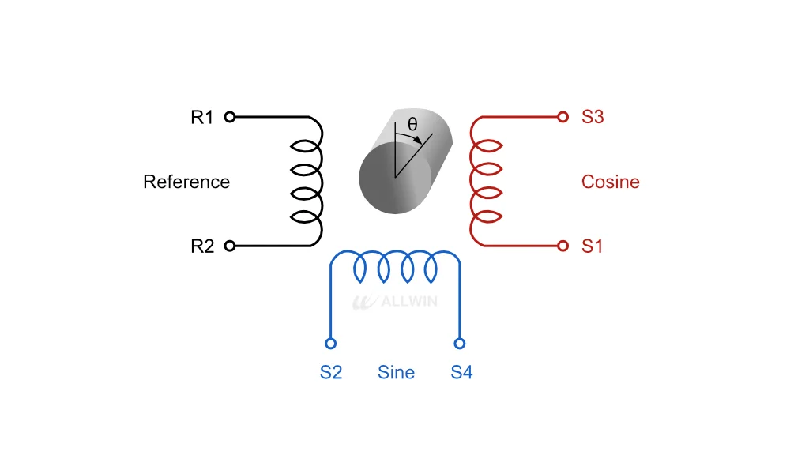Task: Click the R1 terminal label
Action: coord(201,117)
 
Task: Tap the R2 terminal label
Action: coord(202,246)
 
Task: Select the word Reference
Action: coord(186,182)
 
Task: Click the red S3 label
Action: coord(593,117)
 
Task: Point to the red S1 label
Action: coord(592,246)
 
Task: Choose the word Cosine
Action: coord(611,182)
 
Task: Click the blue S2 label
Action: coord(331,372)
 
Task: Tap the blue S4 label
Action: coord(461,372)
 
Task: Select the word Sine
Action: coord(396,372)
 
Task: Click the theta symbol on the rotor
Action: coord(412,124)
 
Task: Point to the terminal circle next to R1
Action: coord(230,117)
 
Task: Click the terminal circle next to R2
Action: coord(230,246)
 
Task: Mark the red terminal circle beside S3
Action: coord(563,117)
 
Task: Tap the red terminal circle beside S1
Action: coord(563,246)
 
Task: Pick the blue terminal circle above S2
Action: coord(331,343)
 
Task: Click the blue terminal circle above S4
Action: coord(460,343)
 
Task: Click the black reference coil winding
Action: coord(322,182)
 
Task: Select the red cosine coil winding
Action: coord(471,182)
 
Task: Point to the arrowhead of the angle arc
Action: coord(418,140)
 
